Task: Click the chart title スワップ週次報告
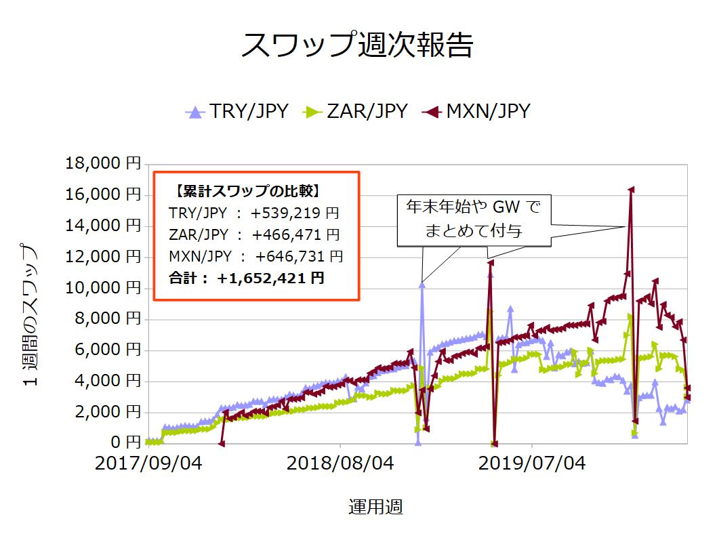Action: point(357,45)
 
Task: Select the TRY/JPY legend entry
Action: point(237,111)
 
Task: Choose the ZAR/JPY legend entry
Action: point(355,111)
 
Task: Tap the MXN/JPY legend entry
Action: point(476,111)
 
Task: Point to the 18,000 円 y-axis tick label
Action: point(103,163)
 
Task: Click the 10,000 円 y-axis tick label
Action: point(103,287)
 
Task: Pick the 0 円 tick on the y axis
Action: point(126,442)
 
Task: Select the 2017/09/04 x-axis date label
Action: point(148,463)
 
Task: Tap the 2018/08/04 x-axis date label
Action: point(340,463)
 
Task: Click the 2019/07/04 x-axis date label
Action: point(532,463)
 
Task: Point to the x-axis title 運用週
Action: point(375,507)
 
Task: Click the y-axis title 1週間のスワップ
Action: point(29,315)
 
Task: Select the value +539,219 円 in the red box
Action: point(295,213)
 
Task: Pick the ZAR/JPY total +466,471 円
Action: point(296,234)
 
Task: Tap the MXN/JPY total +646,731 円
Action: point(299,256)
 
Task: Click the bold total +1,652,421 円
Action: point(270,278)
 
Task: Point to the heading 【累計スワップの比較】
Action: point(247,191)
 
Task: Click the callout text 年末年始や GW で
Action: point(473,207)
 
